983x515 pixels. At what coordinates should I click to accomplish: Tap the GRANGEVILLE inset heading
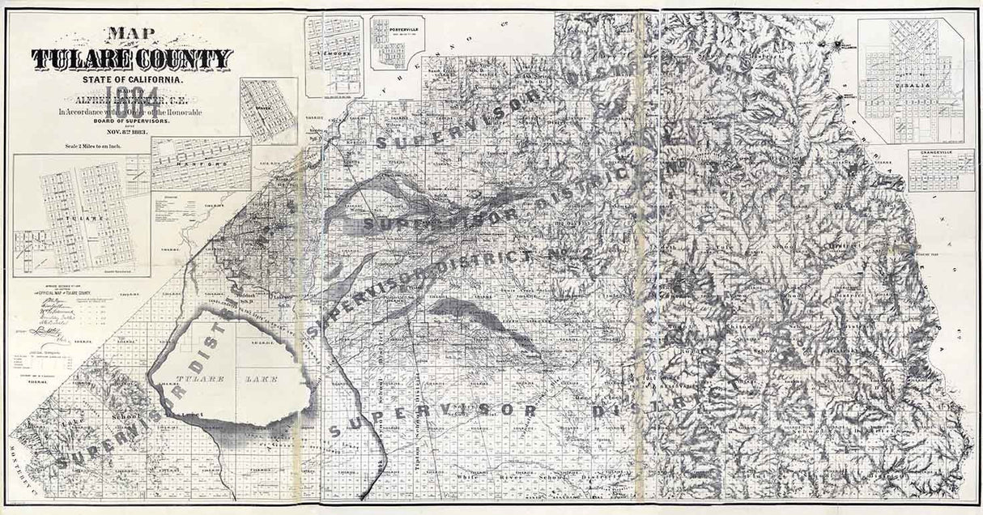[x=941, y=153]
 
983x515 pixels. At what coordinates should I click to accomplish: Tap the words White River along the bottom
[x=508, y=478]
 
